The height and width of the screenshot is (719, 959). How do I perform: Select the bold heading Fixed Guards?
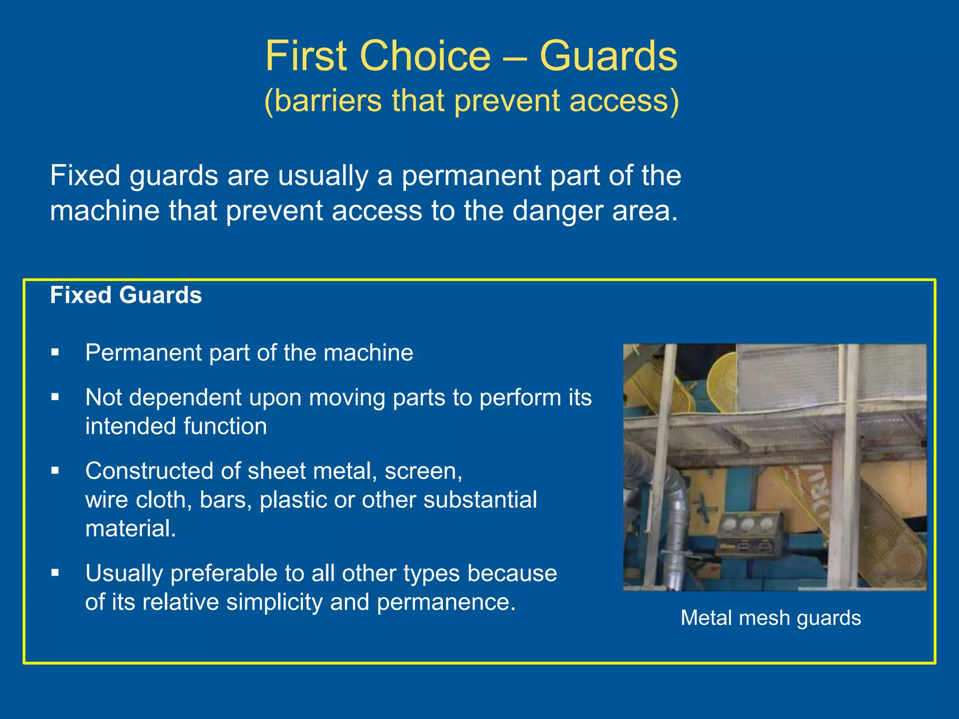(x=126, y=295)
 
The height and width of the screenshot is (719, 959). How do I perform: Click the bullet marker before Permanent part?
(x=55, y=352)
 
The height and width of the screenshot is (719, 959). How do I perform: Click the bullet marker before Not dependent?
(x=55, y=397)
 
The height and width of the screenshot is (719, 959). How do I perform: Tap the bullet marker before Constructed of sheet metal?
(x=55, y=470)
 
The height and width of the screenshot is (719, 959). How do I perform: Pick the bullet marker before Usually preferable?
(x=55, y=572)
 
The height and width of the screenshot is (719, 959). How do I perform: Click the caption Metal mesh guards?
(x=770, y=618)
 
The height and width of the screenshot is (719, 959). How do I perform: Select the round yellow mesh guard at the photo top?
(x=723, y=382)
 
